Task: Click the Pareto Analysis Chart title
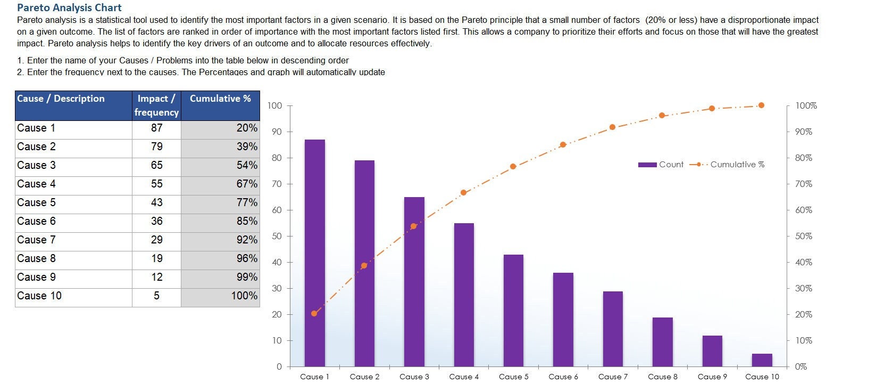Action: click(x=69, y=7)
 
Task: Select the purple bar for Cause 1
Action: click(x=314, y=253)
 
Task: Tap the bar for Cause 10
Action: click(x=762, y=360)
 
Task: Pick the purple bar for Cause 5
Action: click(x=513, y=311)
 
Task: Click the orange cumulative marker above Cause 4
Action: click(x=463, y=192)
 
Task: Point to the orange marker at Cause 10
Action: click(x=761, y=105)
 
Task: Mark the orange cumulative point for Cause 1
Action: click(x=314, y=313)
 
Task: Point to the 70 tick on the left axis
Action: click(x=277, y=184)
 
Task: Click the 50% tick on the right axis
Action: click(x=803, y=236)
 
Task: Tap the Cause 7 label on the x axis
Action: click(x=613, y=377)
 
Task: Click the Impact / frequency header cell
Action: click(x=156, y=105)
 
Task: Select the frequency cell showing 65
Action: click(x=156, y=165)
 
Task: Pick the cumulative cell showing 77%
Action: click(x=220, y=202)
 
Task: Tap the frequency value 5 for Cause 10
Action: click(x=156, y=296)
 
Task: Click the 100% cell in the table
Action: click(x=220, y=296)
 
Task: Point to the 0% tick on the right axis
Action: click(x=800, y=366)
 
